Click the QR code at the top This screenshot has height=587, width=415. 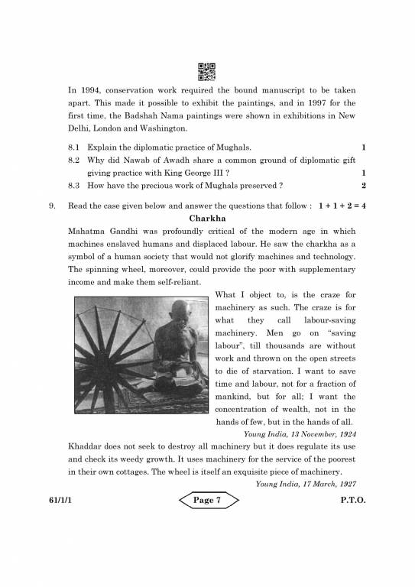207,71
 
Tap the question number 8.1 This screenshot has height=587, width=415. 74,147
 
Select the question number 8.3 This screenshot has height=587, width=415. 74,186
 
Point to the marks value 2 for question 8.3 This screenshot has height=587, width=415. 364,186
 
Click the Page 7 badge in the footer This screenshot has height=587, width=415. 209,501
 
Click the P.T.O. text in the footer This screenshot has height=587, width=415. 354,501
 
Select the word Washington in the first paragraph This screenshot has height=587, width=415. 160,128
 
